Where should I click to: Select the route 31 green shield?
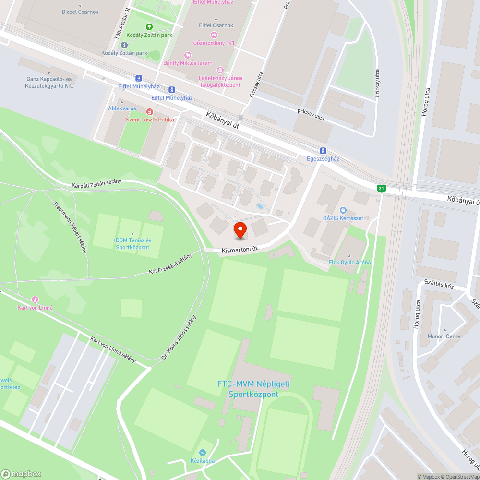381,189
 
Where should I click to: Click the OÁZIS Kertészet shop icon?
343,210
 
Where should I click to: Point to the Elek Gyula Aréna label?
349,263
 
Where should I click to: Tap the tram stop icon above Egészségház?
323,150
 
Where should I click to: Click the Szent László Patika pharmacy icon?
150,111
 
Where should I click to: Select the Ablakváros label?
122,108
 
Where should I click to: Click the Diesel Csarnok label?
80,12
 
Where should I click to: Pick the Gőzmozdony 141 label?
214,43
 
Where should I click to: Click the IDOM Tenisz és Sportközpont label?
132,244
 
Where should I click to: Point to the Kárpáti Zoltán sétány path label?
96,184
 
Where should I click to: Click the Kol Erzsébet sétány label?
170,264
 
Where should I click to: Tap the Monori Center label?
445,336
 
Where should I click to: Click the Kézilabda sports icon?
202,453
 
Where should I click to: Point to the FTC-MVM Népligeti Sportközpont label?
253,389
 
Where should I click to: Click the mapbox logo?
22,474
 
